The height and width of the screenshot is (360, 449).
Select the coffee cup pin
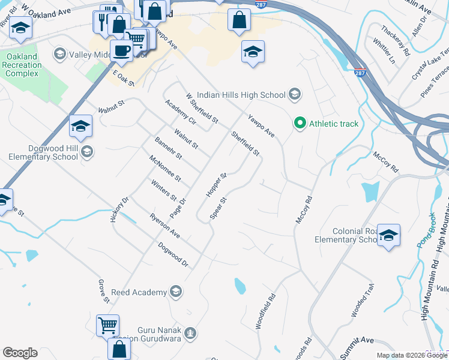click(122, 51)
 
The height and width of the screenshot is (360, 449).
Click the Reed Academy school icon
click(175, 292)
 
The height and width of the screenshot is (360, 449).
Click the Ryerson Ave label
click(164, 226)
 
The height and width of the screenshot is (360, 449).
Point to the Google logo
click(20, 353)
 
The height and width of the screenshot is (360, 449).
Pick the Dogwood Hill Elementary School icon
click(87, 152)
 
